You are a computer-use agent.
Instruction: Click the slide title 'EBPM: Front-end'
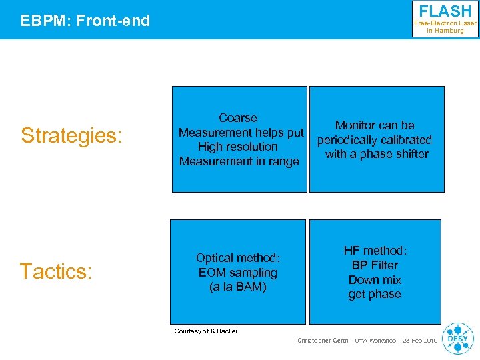pos(85,21)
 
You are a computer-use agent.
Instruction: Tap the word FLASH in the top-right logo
pos(445,11)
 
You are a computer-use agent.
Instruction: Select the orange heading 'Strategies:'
pos(71,135)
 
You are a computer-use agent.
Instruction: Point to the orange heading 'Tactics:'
pos(55,271)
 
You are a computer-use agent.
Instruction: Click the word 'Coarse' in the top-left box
pos(238,118)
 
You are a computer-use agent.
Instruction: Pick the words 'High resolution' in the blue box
pos(238,147)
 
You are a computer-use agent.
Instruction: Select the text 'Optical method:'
pos(238,258)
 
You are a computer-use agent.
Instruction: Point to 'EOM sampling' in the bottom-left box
pos(238,273)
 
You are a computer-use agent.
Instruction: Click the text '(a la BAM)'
pos(238,287)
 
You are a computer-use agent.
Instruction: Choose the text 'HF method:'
pos(375,251)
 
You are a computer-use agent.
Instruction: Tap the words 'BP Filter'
pos(375,265)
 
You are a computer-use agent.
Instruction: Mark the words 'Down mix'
pos(375,280)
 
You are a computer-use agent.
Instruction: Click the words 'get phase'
pos(375,294)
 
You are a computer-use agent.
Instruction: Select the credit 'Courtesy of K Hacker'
pos(205,331)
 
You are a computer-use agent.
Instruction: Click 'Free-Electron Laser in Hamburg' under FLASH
pos(445,27)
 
